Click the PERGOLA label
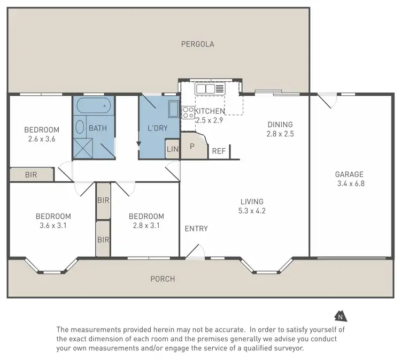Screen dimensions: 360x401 tap(197, 44)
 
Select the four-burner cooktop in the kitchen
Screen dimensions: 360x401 tap(188, 112)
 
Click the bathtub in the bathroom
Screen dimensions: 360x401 tap(94, 105)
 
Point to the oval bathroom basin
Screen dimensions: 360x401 tap(80, 127)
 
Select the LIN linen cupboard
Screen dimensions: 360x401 tap(172, 149)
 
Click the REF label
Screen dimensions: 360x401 tap(219, 151)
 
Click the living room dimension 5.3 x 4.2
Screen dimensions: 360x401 tap(252, 211)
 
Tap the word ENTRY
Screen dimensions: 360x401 tap(196, 229)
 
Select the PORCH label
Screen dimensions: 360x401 tap(163, 279)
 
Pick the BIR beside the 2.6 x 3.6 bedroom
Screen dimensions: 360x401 tap(32, 174)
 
